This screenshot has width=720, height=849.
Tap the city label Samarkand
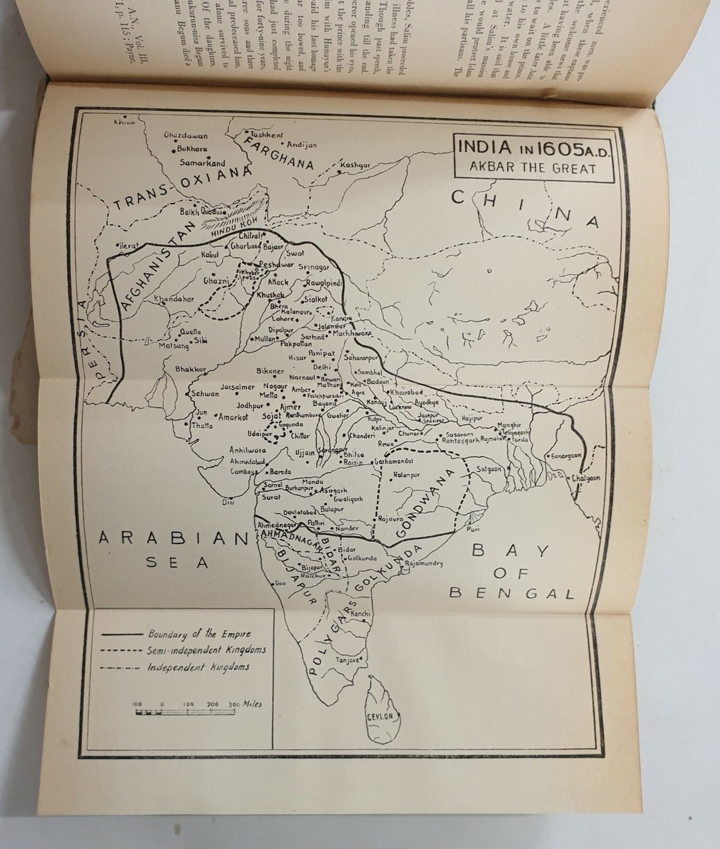click(202, 163)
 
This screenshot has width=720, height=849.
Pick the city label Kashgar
click(355, 165)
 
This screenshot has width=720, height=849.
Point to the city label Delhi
click(323, 367)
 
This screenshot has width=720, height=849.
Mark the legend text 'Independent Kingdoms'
click(198, 666)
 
